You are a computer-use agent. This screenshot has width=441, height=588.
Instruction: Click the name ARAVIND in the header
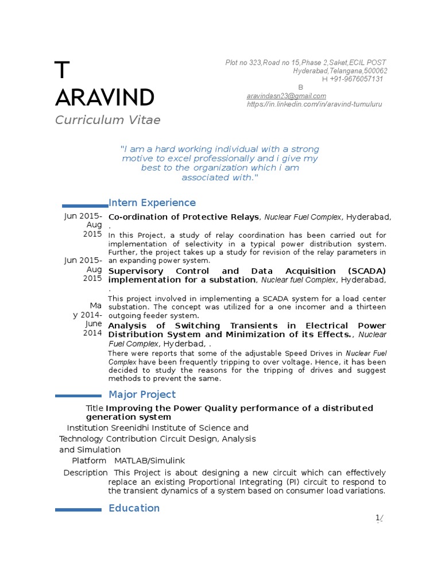(x=105, y=98)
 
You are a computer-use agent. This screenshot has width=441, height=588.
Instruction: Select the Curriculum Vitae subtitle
(x=107, y=120)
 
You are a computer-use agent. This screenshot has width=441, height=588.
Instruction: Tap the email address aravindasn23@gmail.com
(x=286, y=96)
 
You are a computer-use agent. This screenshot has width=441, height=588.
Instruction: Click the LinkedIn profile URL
(x=314, y=104)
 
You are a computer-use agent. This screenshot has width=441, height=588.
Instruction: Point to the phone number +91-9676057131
(x=356, y=79)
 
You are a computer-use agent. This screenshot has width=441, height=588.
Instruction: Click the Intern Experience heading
(x=152, y=203)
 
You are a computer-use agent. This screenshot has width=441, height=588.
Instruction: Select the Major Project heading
(x=142, y=394)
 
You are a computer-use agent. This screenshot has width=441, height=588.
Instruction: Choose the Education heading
(x=134, y=508)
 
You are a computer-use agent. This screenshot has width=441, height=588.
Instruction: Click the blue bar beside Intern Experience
(x=85, y=205)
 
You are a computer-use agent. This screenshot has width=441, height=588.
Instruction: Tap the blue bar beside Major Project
(x=78, y=395)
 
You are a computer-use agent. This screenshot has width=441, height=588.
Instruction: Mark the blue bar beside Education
(x=78, y=509)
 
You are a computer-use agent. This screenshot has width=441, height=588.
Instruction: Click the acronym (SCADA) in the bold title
(x=366, y=271)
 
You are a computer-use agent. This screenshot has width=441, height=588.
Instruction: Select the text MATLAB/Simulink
(x=149, y=461)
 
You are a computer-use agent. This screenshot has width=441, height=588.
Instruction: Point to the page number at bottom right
(x=379, y=519)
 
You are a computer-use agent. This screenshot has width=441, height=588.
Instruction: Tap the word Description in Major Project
(x=85, y=473)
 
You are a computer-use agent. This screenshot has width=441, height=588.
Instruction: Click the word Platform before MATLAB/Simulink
(x=89, y=461)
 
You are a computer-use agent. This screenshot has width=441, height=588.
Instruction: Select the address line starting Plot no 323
(x=305, y=63)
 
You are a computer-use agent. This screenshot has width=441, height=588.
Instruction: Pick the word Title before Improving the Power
(x=95, y=408)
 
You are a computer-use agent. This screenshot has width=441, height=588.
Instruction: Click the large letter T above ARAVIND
(x=62, y=70)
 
